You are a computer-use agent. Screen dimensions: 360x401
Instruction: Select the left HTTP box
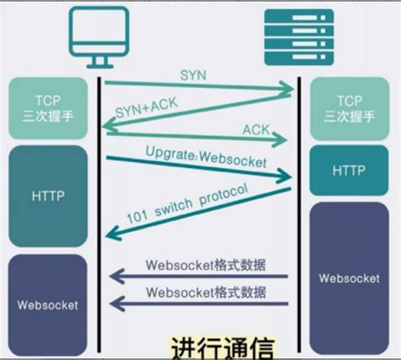pyautogui.click(x=48, y=195)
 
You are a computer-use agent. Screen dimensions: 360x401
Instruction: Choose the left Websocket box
pyautogui.click(x=48, y=303)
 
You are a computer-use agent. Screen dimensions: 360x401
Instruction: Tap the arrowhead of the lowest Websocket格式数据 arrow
pyautogui.click(x=112, y=302)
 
